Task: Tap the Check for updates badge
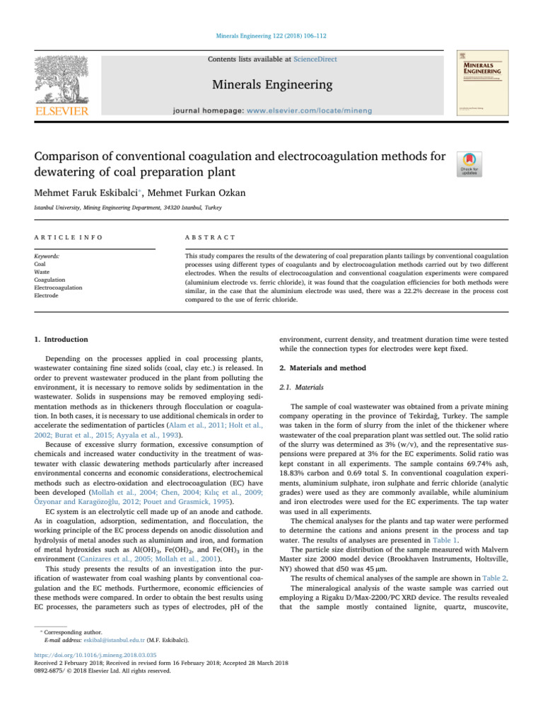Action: [x=470, y=164]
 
